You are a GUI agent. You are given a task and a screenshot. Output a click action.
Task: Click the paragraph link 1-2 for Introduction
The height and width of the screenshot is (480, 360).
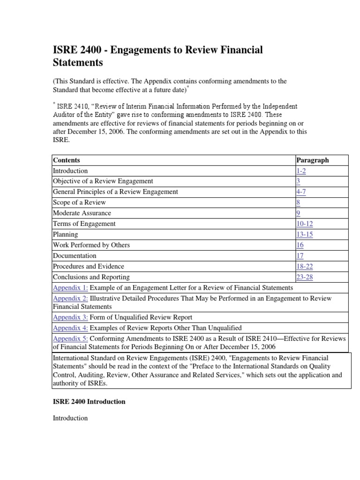tap(302, 171)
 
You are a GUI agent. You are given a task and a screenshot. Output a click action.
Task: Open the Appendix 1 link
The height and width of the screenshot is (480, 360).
tap(70, 288)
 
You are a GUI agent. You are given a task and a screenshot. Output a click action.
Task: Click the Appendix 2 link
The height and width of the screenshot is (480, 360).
tap(70, 299)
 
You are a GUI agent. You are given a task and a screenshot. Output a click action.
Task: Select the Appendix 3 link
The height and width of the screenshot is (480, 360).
tap(70, 317)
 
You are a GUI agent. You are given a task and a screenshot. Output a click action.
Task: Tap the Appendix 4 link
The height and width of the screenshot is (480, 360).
tap(70, 328)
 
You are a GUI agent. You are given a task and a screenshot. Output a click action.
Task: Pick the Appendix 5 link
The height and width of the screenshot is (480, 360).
tap(70, 338)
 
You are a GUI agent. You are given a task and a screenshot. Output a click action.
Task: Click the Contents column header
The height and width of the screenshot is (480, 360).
tap(67, 160)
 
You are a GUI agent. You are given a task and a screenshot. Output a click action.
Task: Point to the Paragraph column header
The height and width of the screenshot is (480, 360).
tap(313, 160)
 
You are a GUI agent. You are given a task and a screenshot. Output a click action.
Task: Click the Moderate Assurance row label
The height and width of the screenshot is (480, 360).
tap(82, 213)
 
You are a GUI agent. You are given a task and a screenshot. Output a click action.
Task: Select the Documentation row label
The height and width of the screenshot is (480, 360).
tap(75, 256)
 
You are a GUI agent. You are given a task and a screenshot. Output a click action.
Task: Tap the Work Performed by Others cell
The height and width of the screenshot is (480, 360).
tap(91, 245)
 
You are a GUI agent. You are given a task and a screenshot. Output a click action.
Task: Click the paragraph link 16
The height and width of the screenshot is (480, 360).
tap(300, 245)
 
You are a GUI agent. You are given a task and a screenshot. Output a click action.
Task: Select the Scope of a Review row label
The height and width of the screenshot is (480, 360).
tap(79, 202)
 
